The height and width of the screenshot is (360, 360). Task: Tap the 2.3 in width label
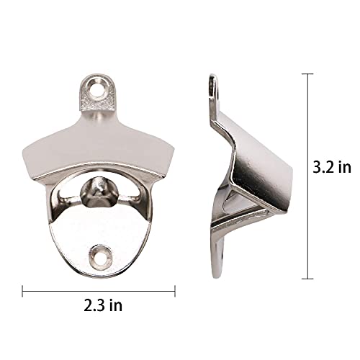point(102,305)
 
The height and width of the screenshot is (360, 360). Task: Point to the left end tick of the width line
point(22,291)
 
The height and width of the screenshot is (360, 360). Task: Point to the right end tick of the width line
point(175,291)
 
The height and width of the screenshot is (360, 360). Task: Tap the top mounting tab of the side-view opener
point(213,90)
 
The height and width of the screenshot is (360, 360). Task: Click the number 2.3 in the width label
point(94,305)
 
